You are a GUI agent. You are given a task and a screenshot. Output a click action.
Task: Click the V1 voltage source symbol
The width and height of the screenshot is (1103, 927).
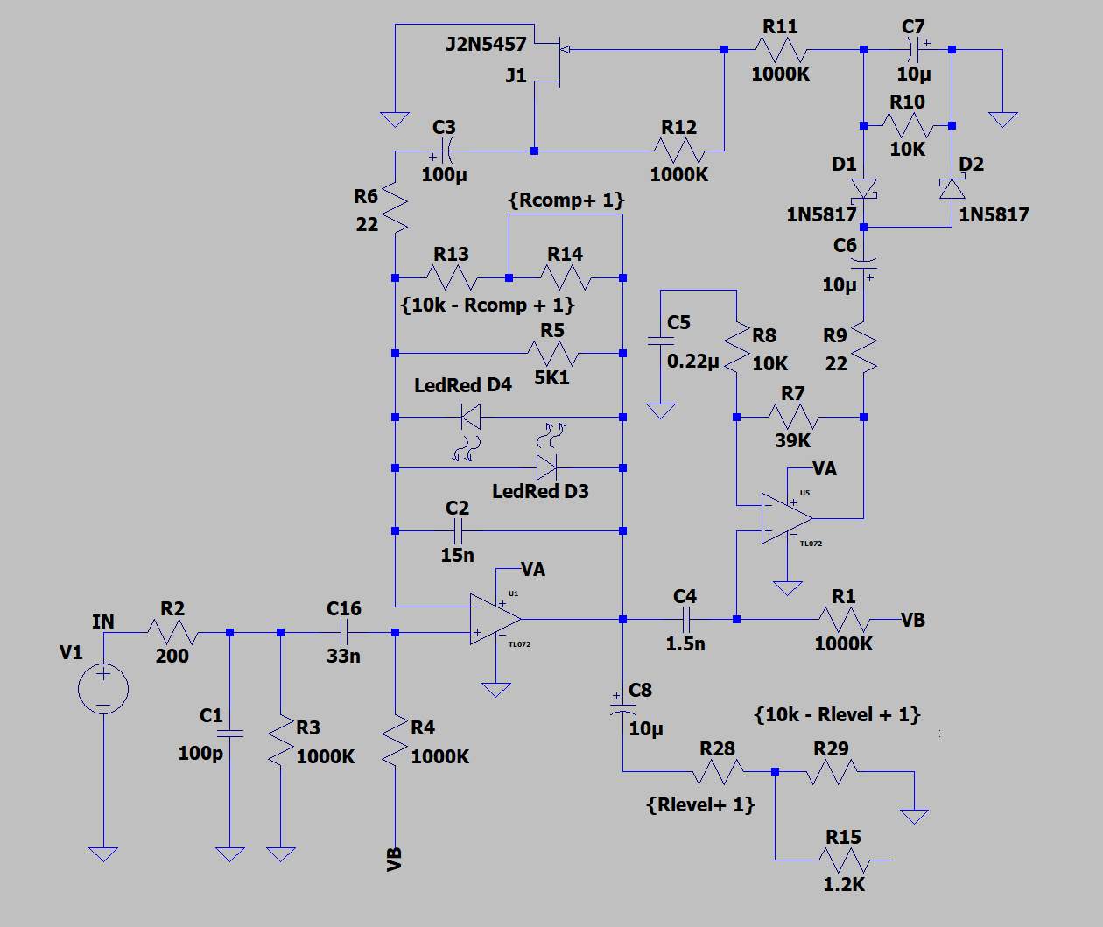click(x=103, y=689)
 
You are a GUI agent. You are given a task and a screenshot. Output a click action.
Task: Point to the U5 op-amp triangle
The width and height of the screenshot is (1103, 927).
click(x=787, y=518)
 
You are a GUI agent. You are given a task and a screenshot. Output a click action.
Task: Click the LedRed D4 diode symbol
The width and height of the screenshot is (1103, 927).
click(x=470, y=417)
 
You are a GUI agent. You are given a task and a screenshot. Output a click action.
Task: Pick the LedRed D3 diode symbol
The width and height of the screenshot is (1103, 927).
click(x=546, y=467)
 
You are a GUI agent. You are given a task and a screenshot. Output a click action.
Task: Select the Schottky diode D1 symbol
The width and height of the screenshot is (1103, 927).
click(x=863, y=189)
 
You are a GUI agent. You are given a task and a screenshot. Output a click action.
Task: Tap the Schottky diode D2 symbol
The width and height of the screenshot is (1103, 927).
click(x=952, y=189)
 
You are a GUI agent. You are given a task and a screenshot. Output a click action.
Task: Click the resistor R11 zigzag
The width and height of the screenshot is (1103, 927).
click(x=781, y=50)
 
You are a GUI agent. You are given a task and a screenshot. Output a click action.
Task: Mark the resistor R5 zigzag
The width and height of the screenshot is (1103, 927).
click(x=552, y=353)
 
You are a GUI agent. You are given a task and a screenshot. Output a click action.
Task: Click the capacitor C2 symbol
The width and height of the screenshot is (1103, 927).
click(x=458, y=530)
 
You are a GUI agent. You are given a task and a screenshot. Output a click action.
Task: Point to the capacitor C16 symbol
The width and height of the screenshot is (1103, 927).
click(x=344, y=632)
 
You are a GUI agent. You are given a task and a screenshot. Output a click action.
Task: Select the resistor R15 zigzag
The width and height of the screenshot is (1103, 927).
click(x=844, y=860)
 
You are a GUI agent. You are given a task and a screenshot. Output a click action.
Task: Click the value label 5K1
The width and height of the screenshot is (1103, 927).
click(x=551, y=377)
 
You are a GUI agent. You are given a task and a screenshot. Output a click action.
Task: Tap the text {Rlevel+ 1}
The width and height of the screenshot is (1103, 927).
click(x=700, y=805)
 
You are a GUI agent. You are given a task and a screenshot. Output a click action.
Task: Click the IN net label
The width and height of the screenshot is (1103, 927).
click(x=103, y=622)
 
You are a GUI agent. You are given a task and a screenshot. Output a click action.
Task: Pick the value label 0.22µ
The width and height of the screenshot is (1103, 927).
click(x=692, y=362)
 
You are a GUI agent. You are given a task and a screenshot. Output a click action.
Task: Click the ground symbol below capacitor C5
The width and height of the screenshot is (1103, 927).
click(x=660, y=411)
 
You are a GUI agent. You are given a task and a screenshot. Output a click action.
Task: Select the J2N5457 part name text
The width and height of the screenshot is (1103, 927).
click(x=486, y=44)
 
